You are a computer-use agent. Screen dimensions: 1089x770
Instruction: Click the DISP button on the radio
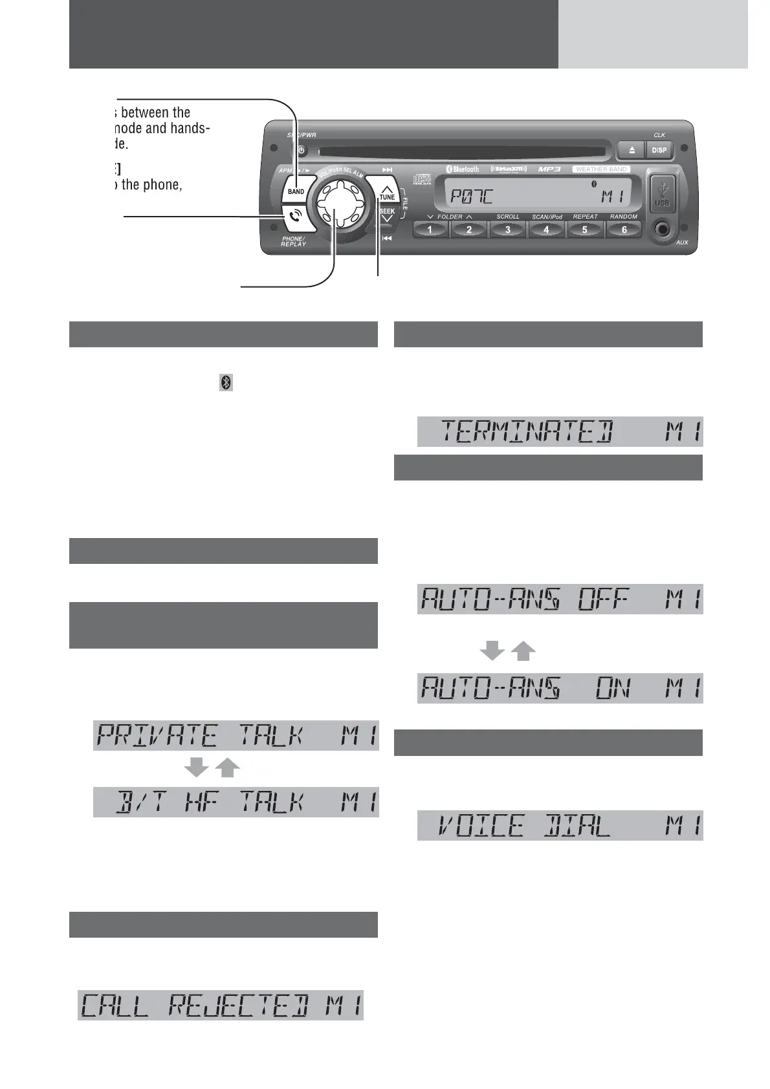(x=659, y=150)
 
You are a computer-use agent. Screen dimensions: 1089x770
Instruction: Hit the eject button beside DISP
(x=632, y=150)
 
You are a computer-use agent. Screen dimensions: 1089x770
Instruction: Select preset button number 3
(x=508, y=230)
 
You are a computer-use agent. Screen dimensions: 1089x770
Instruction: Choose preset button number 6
(x=624, y=230)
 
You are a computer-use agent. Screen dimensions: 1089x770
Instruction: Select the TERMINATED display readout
(x=560, y=432)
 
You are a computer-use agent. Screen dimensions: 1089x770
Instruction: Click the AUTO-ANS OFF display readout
(x=560, y=599)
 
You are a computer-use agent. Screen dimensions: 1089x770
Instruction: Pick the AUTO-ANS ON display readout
(x=560, y=689)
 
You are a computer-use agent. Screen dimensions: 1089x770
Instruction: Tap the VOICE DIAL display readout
(x=560, y=826)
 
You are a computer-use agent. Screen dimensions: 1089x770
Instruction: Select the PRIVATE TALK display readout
(x=236, y=736)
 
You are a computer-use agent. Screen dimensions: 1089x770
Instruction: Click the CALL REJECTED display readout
(x=220, y=1006)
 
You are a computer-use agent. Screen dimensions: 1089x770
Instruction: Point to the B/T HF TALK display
(x=236, y=803)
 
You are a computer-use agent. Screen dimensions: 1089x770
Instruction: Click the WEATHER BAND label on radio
(x=601, y=169)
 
